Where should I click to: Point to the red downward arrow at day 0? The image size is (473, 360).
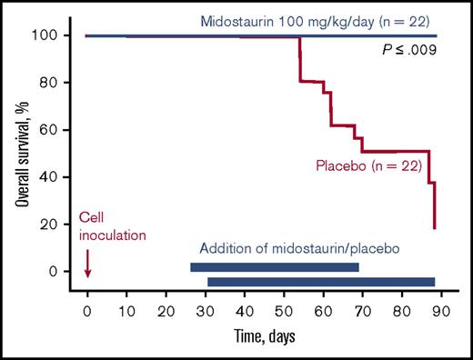click(x=87, y=265)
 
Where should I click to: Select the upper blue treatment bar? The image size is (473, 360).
click(x=274, y=267)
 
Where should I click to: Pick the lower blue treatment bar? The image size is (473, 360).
click(x=321, y=282)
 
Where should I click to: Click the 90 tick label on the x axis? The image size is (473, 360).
click(x=442, y=311)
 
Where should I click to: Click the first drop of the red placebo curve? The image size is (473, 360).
click(x=299, y=59)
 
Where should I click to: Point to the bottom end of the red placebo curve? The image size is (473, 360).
click(x=435, y=227)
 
